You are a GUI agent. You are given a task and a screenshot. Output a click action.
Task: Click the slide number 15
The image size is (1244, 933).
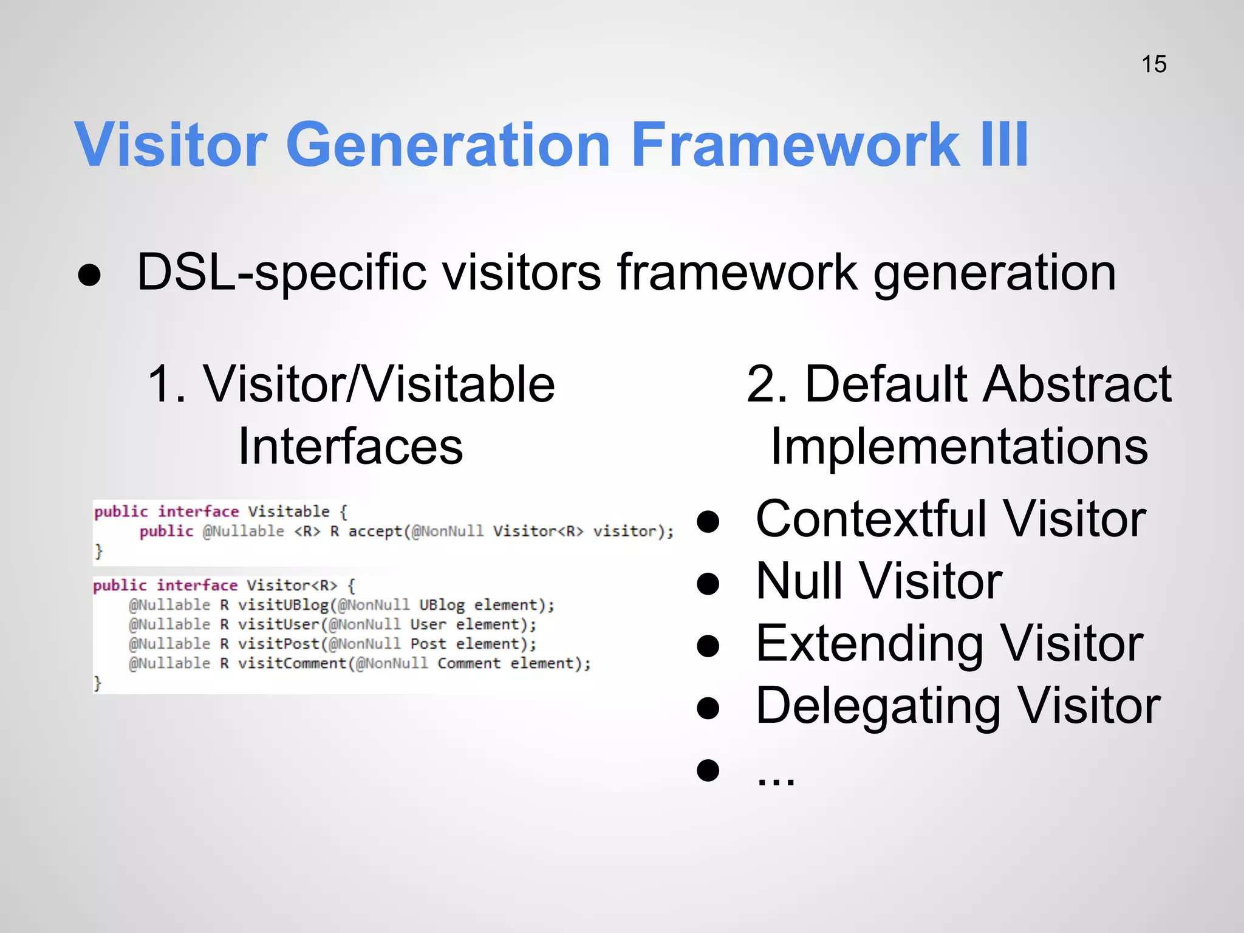tap(1153, 64)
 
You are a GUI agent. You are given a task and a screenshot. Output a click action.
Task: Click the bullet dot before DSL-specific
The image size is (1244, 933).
tap(89, 275)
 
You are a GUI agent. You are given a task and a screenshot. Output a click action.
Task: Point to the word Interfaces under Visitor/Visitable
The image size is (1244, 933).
tap(350, 446)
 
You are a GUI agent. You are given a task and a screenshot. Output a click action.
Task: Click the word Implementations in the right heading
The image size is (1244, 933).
tap(959, 446)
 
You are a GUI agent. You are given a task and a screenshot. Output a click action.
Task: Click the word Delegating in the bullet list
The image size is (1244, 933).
tap(878, 706)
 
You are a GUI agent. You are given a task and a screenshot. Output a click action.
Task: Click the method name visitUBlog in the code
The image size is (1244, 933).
tap(283, 605)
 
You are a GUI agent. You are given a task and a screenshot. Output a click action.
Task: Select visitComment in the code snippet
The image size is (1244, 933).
tap(292, 663)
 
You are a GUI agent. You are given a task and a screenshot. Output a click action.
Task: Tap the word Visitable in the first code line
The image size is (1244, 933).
tap(289, 511)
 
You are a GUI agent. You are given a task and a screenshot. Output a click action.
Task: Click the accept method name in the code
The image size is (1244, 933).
tap(375, 531)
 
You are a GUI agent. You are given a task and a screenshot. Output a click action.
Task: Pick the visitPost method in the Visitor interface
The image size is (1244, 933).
tap(279, 644)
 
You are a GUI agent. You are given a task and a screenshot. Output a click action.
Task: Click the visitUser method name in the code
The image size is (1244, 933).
tap(279, 624)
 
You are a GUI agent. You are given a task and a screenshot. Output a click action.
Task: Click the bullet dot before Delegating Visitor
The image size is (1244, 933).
tap(708, 708)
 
